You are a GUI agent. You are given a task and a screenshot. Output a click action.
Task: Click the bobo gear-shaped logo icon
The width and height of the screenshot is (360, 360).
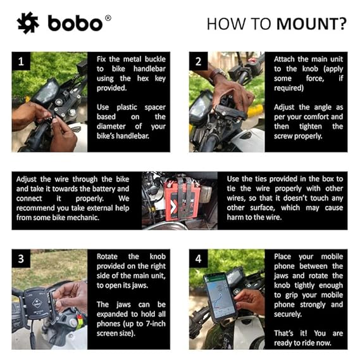(28, 23)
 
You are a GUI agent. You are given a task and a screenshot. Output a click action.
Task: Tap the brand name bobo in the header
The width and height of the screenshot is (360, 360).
(75, 23)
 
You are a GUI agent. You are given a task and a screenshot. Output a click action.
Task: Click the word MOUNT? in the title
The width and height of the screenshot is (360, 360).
(311, 24)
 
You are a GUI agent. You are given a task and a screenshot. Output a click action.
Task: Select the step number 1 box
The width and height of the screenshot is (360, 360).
(22, 62)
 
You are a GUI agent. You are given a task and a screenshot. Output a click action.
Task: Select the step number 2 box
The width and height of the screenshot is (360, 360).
(199, 62)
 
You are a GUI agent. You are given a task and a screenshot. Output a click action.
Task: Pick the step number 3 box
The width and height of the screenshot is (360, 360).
(22, 259)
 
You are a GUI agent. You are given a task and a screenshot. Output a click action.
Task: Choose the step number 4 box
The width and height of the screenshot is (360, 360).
(199, 259)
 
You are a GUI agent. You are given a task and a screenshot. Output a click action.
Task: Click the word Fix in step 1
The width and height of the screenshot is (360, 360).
(103, 59)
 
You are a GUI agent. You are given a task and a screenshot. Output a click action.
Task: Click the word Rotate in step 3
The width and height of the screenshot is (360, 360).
(109, 256)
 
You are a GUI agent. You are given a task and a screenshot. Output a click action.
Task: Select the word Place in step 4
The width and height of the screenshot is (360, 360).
(285, 256)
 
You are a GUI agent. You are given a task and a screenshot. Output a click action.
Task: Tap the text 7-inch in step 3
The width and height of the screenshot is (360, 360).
(148, 323)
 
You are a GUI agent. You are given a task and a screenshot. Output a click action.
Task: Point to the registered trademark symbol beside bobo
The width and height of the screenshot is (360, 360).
(108, 18)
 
